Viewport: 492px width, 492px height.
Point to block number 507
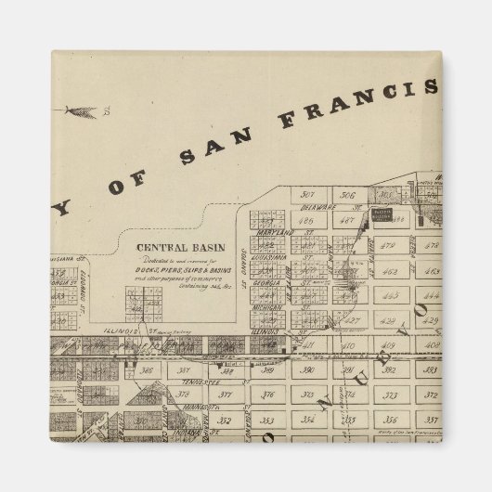point(309,194)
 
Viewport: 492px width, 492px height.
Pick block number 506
point(349,196)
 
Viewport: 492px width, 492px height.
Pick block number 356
point(390,419)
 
